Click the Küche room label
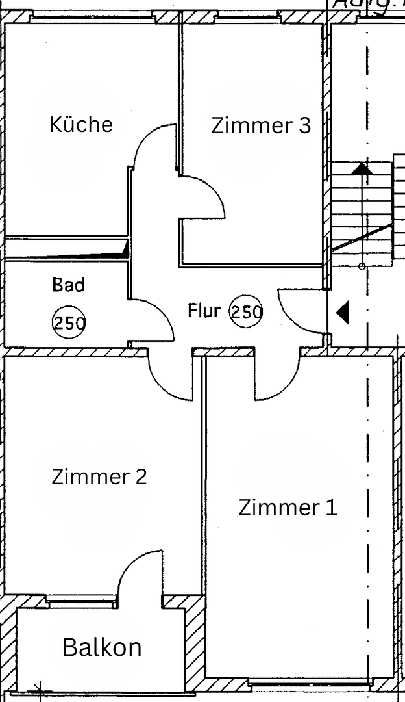[x=81, y=124]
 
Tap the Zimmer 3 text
[x=261, y=125]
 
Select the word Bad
[x=68, y=285]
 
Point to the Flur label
[x=204, y=310]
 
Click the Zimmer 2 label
[x=99, y=476]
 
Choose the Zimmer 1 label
[x=288, y=507]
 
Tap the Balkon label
[x=102, y=647]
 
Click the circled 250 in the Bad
[x=69, y=322]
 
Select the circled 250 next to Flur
[x=246, y=312]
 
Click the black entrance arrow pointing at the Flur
[x=343, y=313]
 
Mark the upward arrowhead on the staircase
[x=362, y=170]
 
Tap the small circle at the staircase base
[x=362, y=266]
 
